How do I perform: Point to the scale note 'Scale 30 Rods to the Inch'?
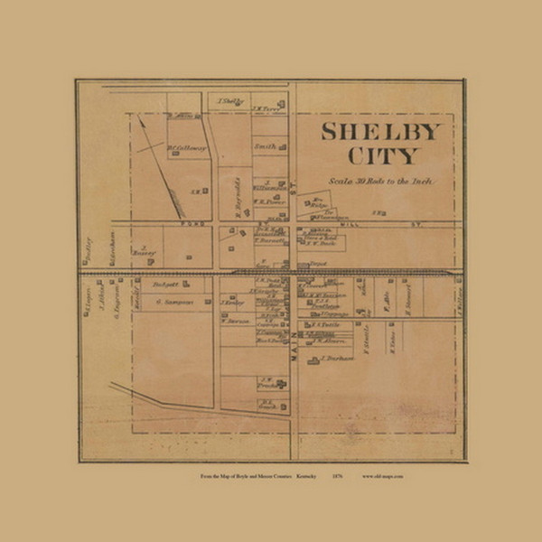[x=382, y=181]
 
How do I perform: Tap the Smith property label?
[x=265, y=145]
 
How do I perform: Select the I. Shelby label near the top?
[x=232, y=101]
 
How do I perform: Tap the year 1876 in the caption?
[x=336, y=474]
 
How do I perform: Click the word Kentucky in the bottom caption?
[x=305, y=474]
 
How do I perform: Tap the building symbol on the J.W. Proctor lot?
[x=282, y=384]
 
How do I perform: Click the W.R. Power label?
[x=268, y=201]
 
